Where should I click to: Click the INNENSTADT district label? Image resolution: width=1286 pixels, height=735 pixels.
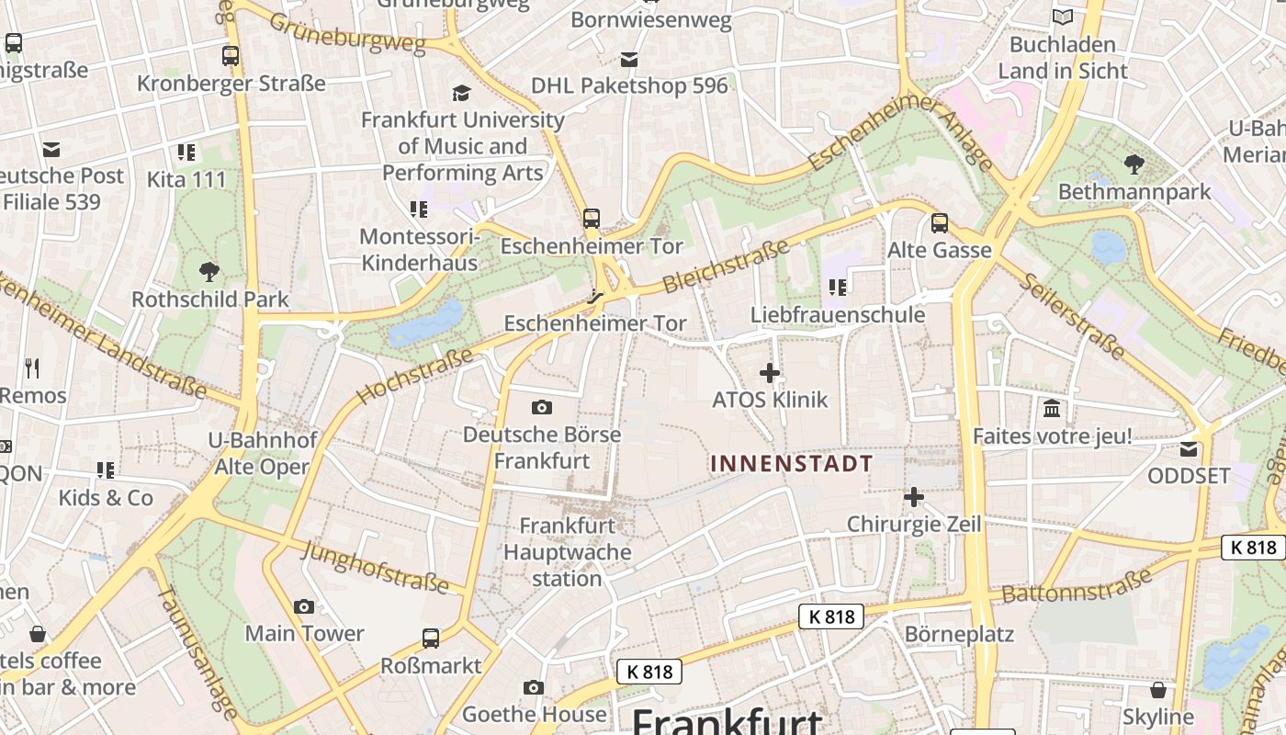tap(791, 463)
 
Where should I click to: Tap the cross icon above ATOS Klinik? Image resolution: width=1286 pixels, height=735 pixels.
tap(770, 373)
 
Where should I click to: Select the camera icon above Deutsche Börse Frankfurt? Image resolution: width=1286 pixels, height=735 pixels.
tap(542, 407)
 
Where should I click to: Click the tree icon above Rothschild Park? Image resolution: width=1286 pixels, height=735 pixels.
tap(209, 272)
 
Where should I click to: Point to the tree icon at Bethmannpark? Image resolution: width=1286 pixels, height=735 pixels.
tap(1134, 164)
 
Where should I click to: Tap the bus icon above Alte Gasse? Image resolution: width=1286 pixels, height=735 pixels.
tap(939, 223)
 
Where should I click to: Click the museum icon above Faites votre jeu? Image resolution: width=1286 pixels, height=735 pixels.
tap(1052, 408)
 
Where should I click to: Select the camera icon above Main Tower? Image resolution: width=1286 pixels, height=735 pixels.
tap(304, 606)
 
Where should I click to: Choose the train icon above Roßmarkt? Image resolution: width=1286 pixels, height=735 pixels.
tap(431, 638)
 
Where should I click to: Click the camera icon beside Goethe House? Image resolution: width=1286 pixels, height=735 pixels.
tap(534, 687)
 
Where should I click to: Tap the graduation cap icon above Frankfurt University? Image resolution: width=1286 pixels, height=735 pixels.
tap(461, 93)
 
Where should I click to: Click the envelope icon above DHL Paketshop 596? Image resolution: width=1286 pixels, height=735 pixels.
tap(629, 60)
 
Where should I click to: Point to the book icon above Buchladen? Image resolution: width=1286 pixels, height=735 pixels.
tap(1063, 17)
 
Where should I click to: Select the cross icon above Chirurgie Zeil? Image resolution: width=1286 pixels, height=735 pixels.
tap(914, 497)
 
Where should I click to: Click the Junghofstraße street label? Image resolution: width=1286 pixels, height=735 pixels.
tap(375, 566)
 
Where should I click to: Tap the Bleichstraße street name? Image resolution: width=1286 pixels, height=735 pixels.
tap(726, 266)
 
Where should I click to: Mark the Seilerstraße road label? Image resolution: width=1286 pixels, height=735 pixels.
tap(1073, 316)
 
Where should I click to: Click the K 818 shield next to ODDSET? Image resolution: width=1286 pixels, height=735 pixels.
tap(1253, 548)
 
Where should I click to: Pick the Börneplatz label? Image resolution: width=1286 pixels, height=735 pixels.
tap(959, 634)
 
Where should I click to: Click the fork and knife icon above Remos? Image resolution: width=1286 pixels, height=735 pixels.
tap(32, 368)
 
